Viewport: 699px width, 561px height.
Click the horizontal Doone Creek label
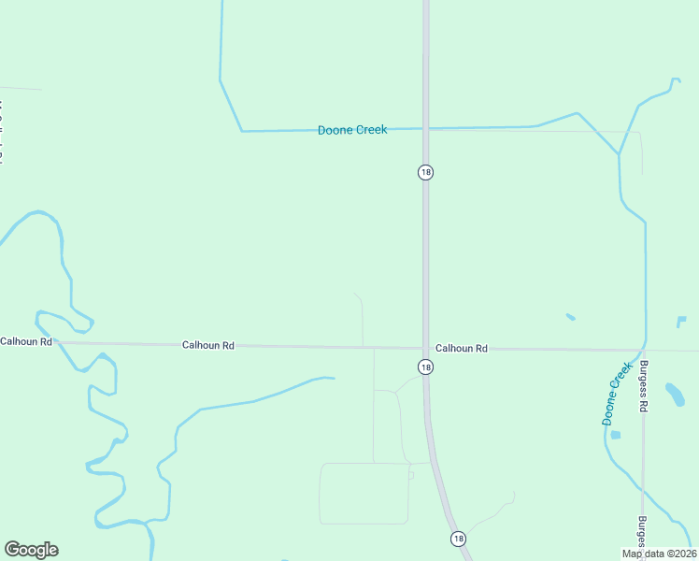coord(352,130)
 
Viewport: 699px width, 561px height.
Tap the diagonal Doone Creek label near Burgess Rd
coord(617,395)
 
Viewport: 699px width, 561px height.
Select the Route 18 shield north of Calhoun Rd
coord(426,172)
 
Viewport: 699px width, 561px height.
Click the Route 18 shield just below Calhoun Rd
coord(425,367)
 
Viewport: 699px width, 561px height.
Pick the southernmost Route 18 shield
coord(458,539)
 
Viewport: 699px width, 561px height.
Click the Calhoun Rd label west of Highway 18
coord(207,345)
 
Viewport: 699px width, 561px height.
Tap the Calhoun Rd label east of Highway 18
coord(462,349)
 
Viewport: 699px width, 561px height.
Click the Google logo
coord(31,550)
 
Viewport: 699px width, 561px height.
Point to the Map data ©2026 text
coord(659,554)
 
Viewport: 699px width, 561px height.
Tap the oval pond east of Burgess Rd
coord(675,394)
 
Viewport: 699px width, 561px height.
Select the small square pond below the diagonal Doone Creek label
coord(615,435)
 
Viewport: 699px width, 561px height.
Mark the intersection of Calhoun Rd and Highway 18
coord(426,349)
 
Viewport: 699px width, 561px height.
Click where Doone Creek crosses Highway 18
coord(426,128)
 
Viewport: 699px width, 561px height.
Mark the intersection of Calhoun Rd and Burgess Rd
coord(643,351)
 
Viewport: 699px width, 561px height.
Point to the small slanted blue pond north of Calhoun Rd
coord(570,317)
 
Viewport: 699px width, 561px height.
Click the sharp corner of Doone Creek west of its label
coord(242,131)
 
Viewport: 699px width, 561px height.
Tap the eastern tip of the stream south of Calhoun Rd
coord(332,379)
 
